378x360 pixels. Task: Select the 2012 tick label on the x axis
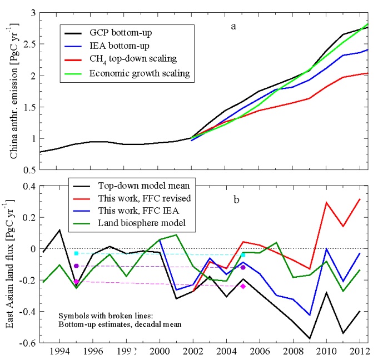point(360,352)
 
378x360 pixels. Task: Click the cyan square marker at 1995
point(76,253)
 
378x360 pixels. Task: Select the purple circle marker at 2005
point(243,267)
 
